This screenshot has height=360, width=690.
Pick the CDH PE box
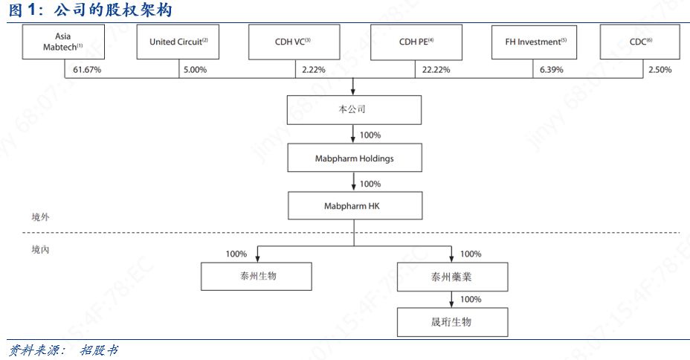click(416, 42)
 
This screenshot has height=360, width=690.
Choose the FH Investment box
click(535, 42)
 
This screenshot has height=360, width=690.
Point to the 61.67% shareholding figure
click(87, 70)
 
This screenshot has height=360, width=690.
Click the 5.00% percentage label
click(195, 70)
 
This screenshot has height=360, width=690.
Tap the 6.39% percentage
click(550, 70)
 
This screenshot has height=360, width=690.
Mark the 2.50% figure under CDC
click(660, 70)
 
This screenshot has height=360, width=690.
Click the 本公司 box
click(355, 110)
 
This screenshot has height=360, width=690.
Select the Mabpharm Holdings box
click(355, 158)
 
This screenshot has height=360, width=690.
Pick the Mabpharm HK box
click(355, 206)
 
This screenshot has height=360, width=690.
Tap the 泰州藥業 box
click(452, 277)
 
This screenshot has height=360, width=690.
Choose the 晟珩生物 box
click(452, 323)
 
